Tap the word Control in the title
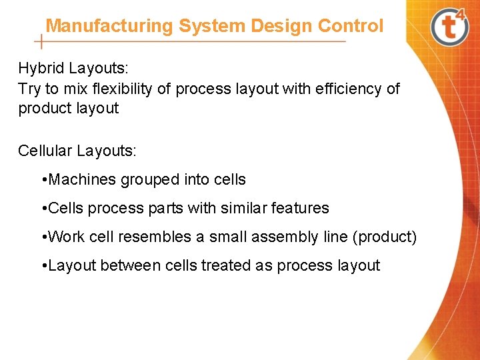pos(351,26)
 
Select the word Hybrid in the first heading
pos(41,68)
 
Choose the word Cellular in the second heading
pos(45,150)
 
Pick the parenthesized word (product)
pos(387,237)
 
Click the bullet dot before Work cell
pos(43,237)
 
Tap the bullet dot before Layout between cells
pos(43,265)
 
